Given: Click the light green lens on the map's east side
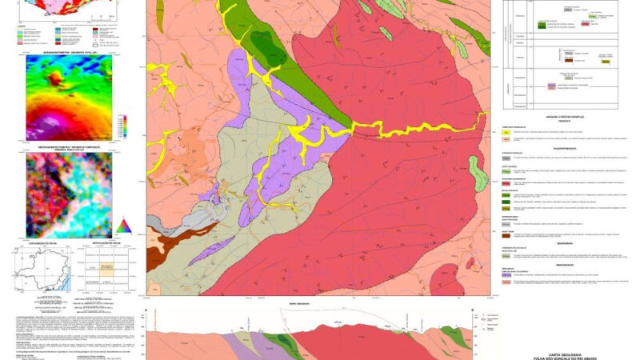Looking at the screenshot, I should (x=478, y=172).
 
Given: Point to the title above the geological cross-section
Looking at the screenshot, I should (x=298, y=305).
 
